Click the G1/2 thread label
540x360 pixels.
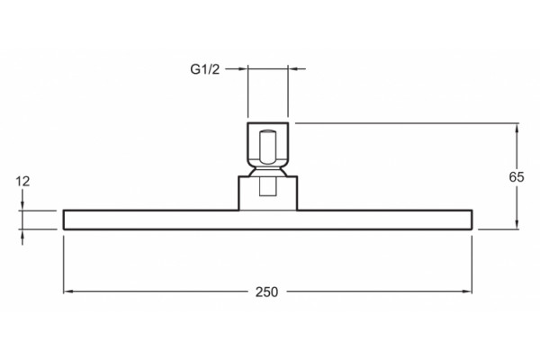click(x=205, y=69)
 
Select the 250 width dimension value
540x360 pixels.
click(x=266, y=292)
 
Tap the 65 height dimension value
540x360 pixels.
click(x=517, y=176)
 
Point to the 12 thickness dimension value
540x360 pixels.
click(x=22, y=181)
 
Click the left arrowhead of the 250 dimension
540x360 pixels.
click(x=67, y=292)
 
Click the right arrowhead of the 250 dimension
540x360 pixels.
click(x=467, y=292)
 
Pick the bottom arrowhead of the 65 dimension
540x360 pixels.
click(x=517, y=224)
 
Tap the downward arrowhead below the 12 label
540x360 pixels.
click(x=22, y=206)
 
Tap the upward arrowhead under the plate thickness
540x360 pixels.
click(x=22, y=234)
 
